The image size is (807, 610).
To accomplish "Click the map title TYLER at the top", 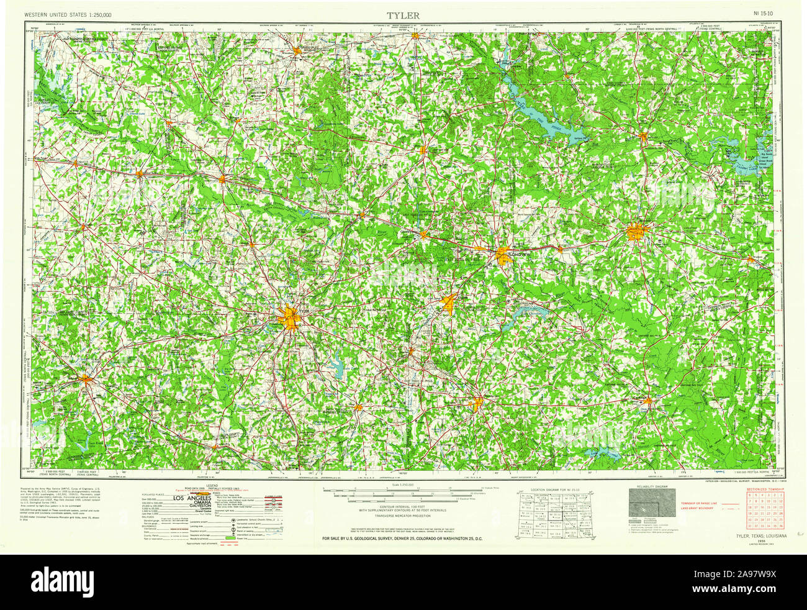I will click(x=403, y=14).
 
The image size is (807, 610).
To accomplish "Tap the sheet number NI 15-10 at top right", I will click(x=763, y=14).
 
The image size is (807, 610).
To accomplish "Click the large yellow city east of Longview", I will click(x=637, y=233).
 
